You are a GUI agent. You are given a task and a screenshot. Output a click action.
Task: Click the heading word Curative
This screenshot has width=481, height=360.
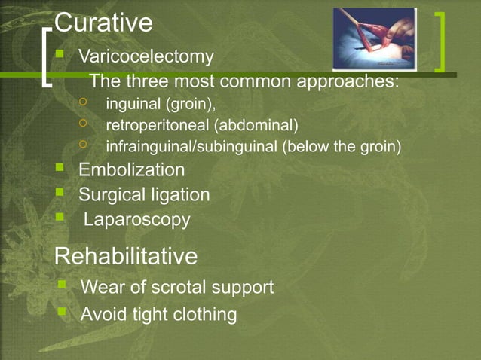click(x=104, y=23)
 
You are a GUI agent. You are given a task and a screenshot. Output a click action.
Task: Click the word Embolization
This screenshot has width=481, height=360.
click(x=131, y=170)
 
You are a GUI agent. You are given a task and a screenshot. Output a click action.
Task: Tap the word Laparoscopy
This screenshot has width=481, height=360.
click(x=136, y=220)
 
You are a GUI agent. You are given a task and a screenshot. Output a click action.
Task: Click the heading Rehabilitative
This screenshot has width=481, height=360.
click(x=126, y=257)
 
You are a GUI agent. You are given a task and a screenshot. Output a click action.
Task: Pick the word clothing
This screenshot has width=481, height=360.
click(x=204, y=313)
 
